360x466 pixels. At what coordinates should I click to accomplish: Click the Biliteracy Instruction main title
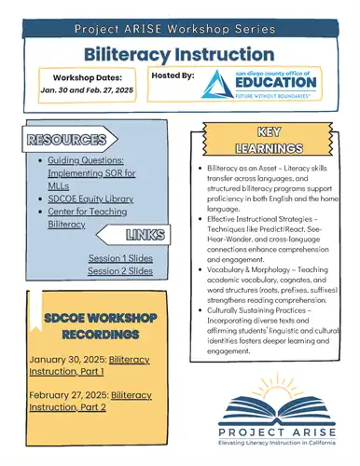point(180,55)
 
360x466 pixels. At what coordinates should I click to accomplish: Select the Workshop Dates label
point(90,76)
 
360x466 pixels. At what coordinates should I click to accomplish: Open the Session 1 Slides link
point(120,257)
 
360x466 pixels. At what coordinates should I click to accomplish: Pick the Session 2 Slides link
point(120,270)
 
